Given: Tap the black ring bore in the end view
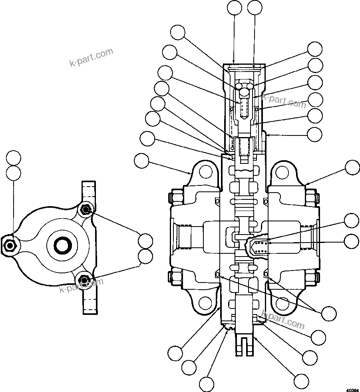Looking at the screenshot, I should click(x=62, y=245).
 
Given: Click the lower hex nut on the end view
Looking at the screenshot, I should click(x=84, y=279).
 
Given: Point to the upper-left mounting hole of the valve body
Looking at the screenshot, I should click(x=206, y=171).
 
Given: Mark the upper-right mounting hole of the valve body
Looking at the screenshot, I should click(x=282, y=172).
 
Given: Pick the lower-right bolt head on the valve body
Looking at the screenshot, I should click(x=312, y=277).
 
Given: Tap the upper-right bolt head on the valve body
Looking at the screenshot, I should click(x=312, y=197).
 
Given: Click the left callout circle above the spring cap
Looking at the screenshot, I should click(x=234, y=7).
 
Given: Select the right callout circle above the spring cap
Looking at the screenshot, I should click(x=255, y=7).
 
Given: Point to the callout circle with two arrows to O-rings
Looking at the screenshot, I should click(x=329, y=313).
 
